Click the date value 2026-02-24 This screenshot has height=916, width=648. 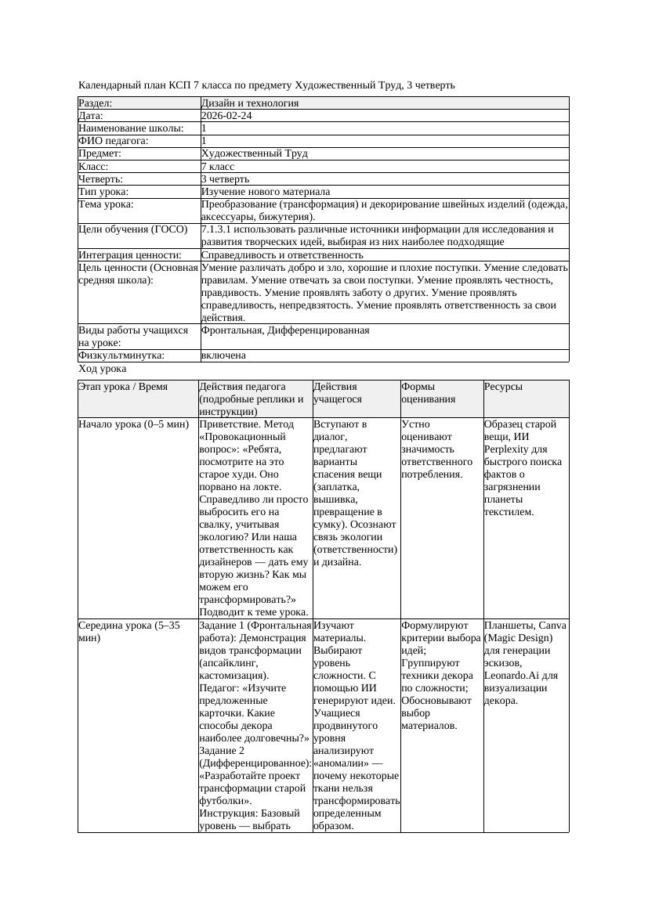pyautogui.click(x=226, y=116)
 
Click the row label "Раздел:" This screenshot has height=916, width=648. pyautogui.click(x=96, y=103)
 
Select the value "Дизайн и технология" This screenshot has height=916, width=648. pyautogui.click(x=250, y=103)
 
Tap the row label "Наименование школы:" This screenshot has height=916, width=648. pyautogui.click(x=132, y=128)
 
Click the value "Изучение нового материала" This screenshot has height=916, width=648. pyautogui.click(x=266, y=192)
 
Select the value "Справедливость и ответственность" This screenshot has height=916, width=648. pyautogui.click(x=282, y=255)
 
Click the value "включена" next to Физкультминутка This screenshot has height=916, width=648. pyautogui.click(x=223, y=355)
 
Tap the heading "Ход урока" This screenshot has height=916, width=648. pyautogui.click(x=103, y=369)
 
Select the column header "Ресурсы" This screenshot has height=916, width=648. pyautogui.click(x=504, y=387)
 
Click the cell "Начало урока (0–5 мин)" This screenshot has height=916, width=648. pyautogui.click(x=134, y=424)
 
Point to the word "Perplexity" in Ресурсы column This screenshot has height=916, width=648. pyautogui.click(x=509, y=449)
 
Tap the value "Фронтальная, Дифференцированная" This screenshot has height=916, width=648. pyautogui.click(x=285, y=330)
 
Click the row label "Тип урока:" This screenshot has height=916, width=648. pyautogui.click(x=103, y=192)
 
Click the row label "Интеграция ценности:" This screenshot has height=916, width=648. pyautogui.click(x=130, y=255)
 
